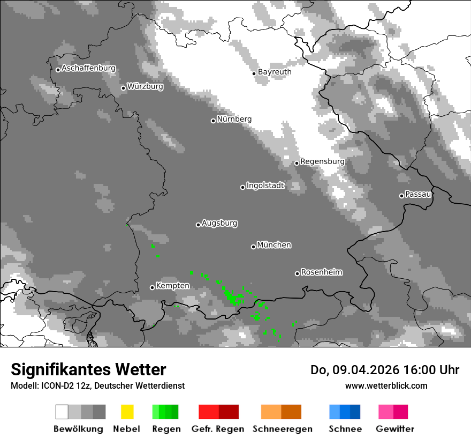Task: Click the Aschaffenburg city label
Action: tap(88, 69)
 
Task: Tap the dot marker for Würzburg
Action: tap(123, 88)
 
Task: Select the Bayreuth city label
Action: tap(275, 72)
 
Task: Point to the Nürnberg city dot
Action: tap(213, 121)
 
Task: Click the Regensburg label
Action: tap(322, 161)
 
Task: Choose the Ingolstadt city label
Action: tap(265, 186)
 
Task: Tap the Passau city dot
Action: tap(401, 196)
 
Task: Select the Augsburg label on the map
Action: tap(219, 224)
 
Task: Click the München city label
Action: tap(274, 245)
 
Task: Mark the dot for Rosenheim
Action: tap(297, 273)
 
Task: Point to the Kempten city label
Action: tap(172, 286)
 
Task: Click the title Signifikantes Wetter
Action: tap(88, 369)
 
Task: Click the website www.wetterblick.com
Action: tap(386, 385)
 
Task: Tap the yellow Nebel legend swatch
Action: tap(127, 412)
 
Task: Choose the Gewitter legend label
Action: tap(394, 429)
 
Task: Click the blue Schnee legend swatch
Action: tap(344, 412)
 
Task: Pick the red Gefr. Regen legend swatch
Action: tap(218, 412)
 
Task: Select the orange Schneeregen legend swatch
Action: tap(281, 412)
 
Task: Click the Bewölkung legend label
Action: tap(78, 429)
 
